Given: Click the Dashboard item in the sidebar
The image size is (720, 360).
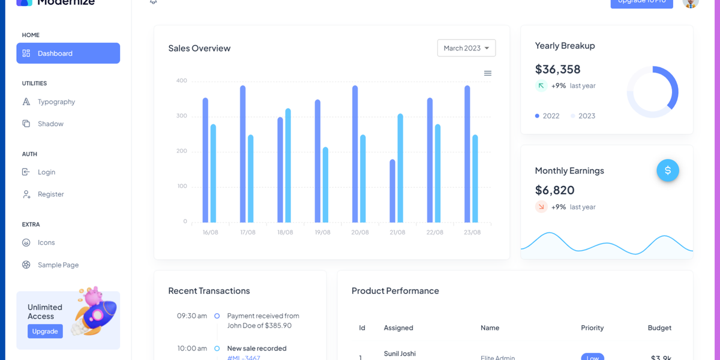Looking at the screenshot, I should (x=68, y=53).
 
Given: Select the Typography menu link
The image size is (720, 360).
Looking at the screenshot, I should (x=56, y=102).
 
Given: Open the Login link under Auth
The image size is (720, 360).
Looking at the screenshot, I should (x=46, y=172).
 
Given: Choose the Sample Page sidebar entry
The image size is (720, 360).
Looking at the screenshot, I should (x=58, y=265).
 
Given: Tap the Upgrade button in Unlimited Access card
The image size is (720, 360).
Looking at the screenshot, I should (x=45, y=331).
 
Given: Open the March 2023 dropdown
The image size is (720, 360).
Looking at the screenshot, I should (x=466, y=48).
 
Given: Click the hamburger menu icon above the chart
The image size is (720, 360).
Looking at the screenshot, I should (x=488, y=73).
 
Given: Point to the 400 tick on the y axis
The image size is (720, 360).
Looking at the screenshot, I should (x=182, y=80).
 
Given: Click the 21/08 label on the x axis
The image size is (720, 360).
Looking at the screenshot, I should (x=397, y=232).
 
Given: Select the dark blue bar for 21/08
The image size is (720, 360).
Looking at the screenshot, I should (x=392, y=191).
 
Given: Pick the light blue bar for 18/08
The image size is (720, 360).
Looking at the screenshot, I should (x=288, y=166).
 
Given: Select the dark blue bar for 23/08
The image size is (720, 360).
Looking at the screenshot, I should (x=467, y=154).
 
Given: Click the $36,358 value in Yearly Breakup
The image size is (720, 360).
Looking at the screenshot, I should (x=557, y=69).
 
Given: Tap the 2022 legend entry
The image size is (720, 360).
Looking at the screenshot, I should (x=547, y=116).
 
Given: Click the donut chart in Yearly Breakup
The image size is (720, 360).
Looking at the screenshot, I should (x=653, y=92).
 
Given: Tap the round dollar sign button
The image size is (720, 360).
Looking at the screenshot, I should (x=668, y=170).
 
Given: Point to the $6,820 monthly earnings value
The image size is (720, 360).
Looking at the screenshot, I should (x=554, y=190).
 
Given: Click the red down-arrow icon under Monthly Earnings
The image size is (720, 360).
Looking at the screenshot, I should (x=541, y=207).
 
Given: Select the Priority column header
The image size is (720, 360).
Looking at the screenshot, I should (x=592, y=328).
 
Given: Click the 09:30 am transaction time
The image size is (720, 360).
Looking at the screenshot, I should (x=192, y=316).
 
